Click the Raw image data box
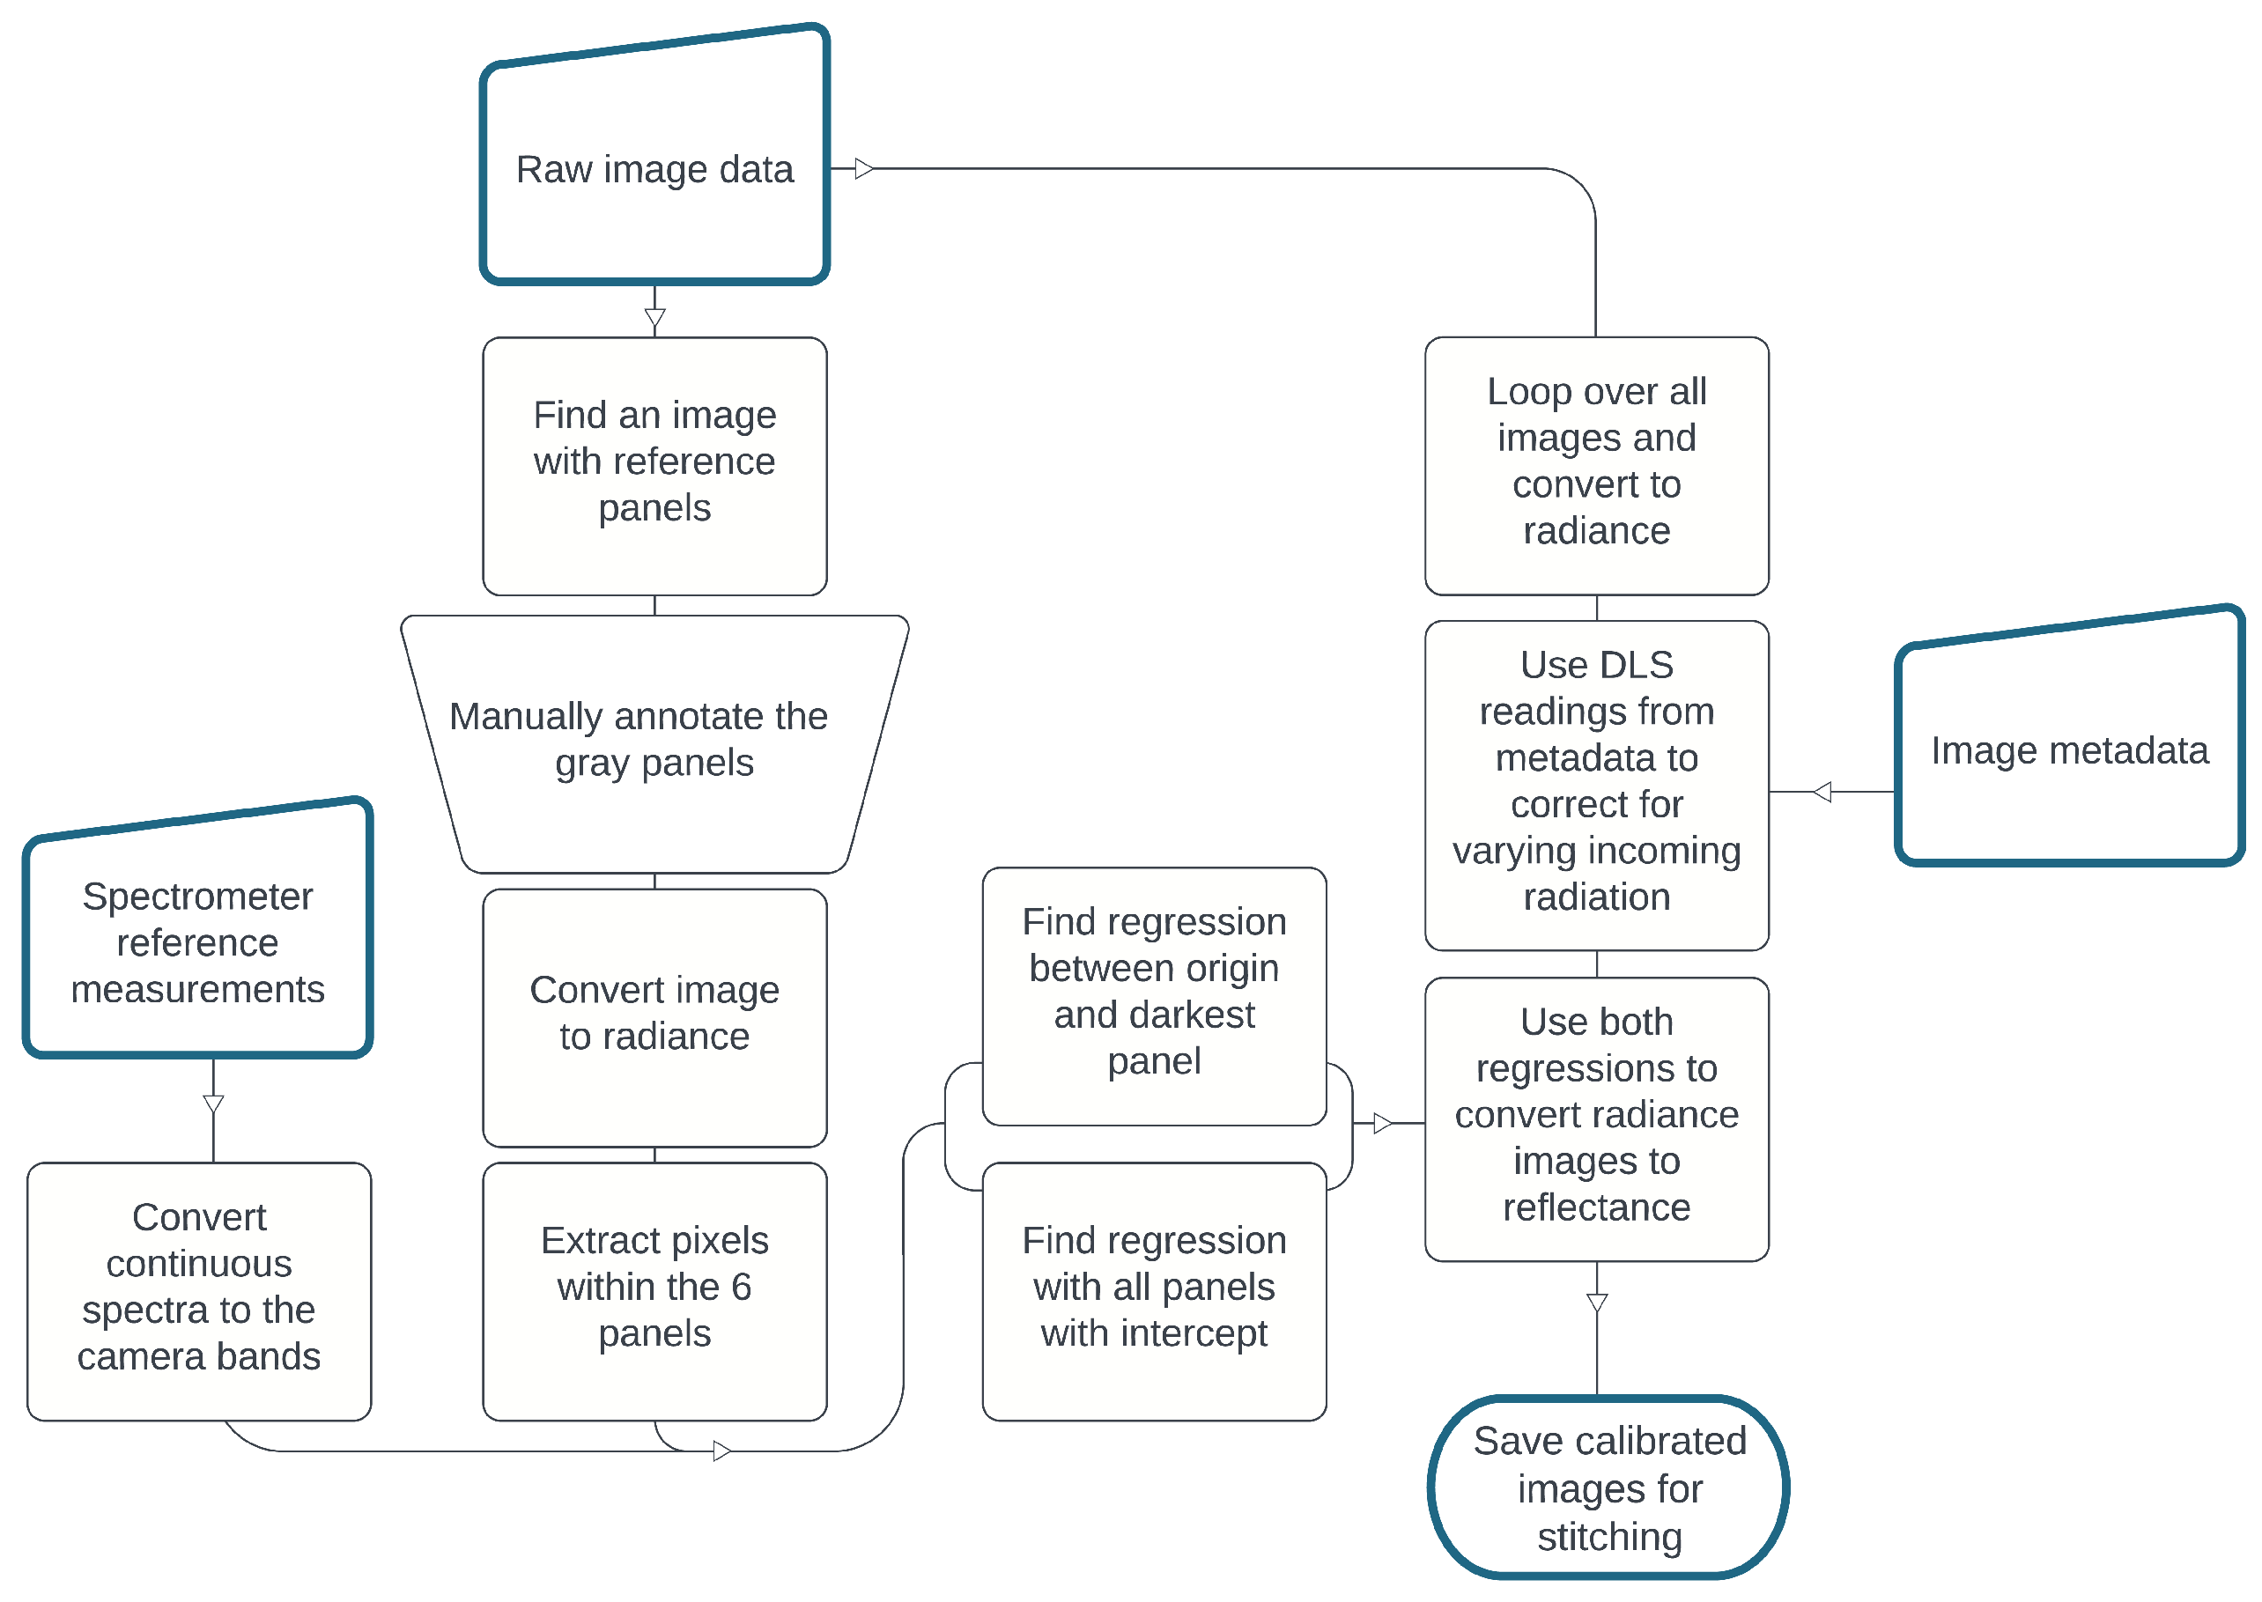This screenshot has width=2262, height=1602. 654,170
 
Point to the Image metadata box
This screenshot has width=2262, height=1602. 2067,749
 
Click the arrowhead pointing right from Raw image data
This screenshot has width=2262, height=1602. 864,169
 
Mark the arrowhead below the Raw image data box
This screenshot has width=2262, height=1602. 654,318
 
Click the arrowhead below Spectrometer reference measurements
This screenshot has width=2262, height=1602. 213,1104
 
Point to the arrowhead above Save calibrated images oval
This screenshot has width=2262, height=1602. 1596,1302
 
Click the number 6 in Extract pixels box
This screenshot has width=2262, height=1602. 740,1287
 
